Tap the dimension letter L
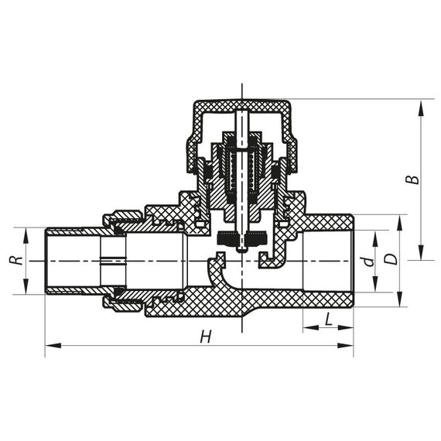tap(329, 318)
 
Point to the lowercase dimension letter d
tap(370, 262)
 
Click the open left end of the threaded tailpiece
tap(48, 261)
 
